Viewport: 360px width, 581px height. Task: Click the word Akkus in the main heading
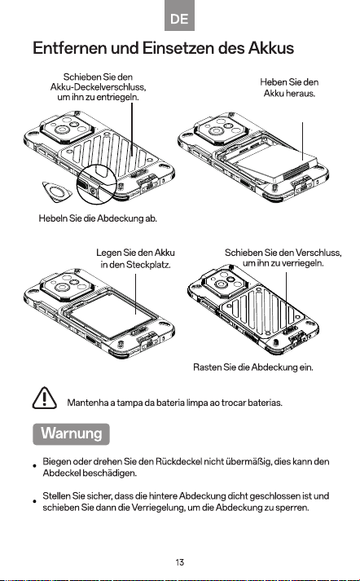[x=270, y=48]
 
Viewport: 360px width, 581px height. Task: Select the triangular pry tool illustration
[x=57, y=191]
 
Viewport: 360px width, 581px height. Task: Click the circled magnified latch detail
[x=96, y=184]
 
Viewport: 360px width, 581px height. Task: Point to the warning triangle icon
[x=45, y=398]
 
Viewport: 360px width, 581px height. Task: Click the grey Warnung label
[x=71, y=434]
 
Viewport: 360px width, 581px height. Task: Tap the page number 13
[x=180, y=562]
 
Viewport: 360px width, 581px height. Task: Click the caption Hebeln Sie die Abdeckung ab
[x=98, y=218]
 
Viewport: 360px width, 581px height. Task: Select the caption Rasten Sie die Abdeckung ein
[x=253, y=368]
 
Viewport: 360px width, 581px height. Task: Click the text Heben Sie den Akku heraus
[x=289, y=87]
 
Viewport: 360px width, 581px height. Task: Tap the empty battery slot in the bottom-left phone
[x=111, y=315]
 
